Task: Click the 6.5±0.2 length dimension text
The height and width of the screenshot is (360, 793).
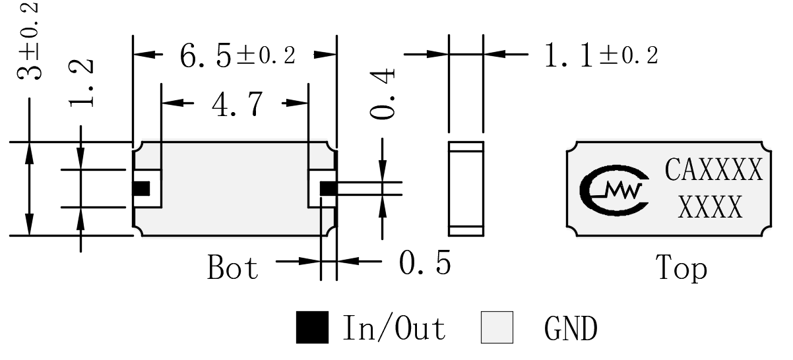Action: tap(238, 55)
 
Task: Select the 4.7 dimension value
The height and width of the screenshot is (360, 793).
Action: tap(238, 104)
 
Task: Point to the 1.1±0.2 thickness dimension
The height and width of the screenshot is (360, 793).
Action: tap(602, 55)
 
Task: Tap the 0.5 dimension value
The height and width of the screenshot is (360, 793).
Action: tap(425, 262)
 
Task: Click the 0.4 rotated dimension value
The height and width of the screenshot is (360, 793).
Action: tap(383, 94)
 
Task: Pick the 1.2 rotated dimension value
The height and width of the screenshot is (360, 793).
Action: tap(81, 84)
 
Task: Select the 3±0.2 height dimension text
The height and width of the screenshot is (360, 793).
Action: tap(28, 41)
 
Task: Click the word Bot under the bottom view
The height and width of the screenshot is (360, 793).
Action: tap(233, 267)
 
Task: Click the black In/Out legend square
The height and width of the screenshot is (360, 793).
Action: tap(312, 328)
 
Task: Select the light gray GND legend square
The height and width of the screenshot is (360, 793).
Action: tap(497, 328)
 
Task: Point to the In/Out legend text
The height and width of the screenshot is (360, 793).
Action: tap(394, 328)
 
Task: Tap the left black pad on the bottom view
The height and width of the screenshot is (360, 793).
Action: tap(141, 189)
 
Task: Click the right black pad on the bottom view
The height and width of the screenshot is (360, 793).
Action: tap(329, 189)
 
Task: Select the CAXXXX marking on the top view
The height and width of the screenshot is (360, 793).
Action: tap(714, 169)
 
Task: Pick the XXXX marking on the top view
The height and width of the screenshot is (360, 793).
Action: tap(710, 206)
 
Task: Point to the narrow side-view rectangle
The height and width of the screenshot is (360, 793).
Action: tap(466, 189)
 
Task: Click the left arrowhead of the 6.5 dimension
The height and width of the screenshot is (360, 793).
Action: tap(144, 55)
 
